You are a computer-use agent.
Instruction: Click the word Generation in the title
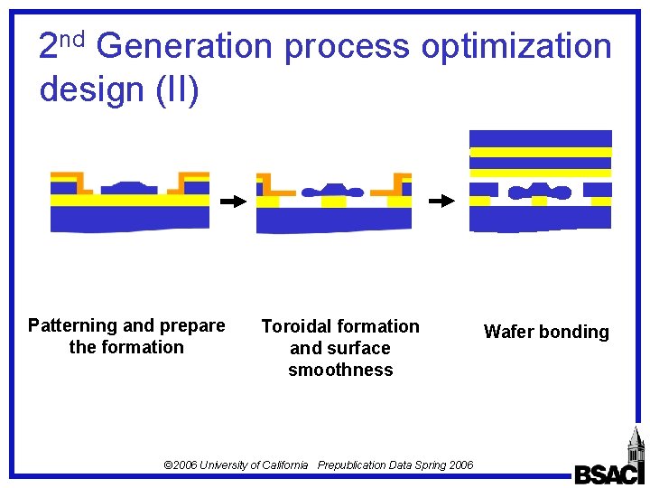pyautogui.click(x=182, y=45)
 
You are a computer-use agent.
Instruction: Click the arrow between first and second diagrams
pyautogui.click(x=233, y=202)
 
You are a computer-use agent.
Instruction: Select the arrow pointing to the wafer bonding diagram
pyautogui.click(x=441, y=201)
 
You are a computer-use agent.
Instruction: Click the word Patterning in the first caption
pyautogui.click(x=72, y=325)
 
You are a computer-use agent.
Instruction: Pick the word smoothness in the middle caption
pyautogui.click(x=340, y=370)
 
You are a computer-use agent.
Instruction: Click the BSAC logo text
pyautogui.click(x=608, y=473)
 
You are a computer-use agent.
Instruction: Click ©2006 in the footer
pyautogui.click(x=181, y=465)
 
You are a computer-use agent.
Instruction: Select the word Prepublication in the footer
pyautogui.click(x=354, y=465)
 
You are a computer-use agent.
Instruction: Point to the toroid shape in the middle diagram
pyautogui.click(x=333, y=191)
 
